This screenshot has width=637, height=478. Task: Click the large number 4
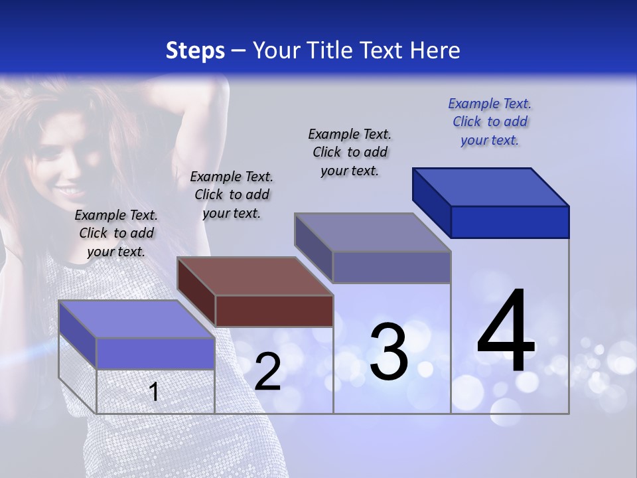click(506, 332)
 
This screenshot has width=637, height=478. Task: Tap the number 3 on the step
click(389, 353)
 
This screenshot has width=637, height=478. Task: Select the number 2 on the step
click(267, 372)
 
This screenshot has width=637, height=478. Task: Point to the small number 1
click(154, 392)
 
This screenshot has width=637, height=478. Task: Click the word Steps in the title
click(195, 50)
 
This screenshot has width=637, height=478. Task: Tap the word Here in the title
click(437, 50)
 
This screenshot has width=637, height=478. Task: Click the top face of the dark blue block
click(491, 187)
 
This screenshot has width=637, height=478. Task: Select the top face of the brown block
click(255, 276)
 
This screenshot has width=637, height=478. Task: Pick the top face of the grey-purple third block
click(373, 232)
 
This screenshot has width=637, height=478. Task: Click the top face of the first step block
click(137, 319)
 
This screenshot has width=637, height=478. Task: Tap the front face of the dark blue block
click(510, 222)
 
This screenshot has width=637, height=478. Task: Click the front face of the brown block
click(274, 311)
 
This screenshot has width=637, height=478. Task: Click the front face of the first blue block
click(155, 353)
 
